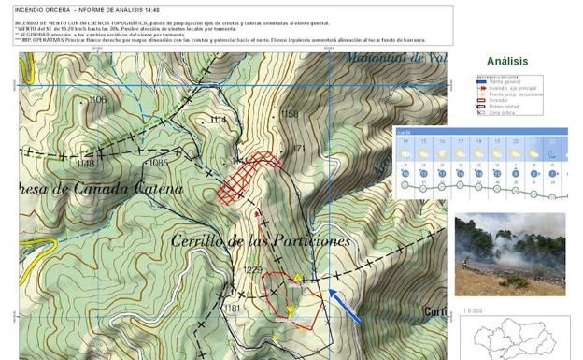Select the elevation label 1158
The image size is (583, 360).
pyautogui.click(x=290, y=114)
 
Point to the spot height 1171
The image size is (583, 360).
pyautogui.click(x=298, y=149)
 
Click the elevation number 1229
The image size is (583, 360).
pyautogui.click(x=252, y=269)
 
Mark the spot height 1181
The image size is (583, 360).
pyautogui.click(x=233, y=308)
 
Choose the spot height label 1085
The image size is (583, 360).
pyautogui.click(x=157, y=164)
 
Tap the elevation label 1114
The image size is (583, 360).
pyautogui.click(x=219, y=121)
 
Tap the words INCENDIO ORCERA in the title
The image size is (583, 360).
pyautogui.click(x=42, y=10)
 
